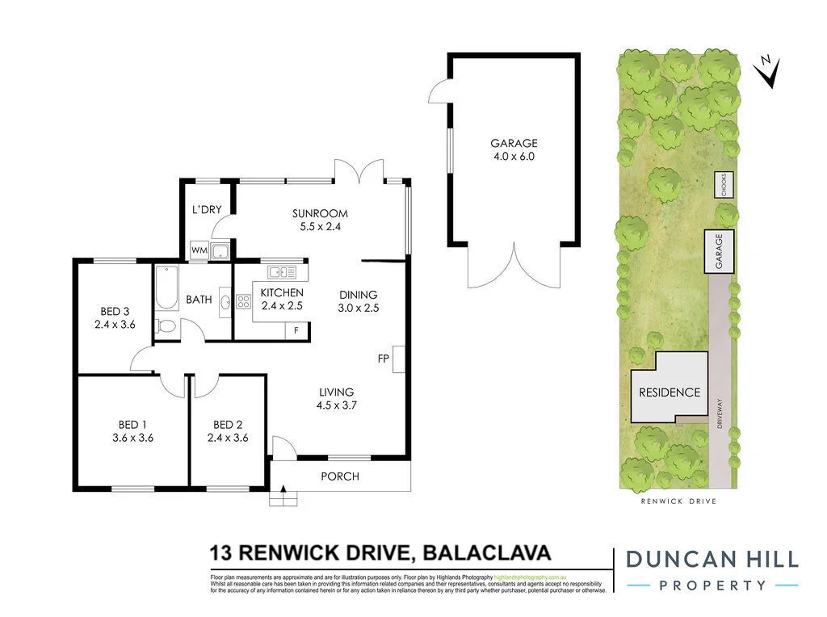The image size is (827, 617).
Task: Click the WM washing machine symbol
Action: pos(199,251)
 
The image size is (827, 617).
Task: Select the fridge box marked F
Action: pos(296,329)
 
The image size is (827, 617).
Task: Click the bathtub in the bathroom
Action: pos(166,288)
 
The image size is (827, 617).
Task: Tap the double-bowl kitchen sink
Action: pos(283,271)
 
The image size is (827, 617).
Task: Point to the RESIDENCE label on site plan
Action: pos(670,392)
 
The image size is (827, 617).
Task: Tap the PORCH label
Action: pos(340,476)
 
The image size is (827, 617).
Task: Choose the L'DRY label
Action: pos(207,210)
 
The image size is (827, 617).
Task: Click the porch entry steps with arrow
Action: pos(283,494)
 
